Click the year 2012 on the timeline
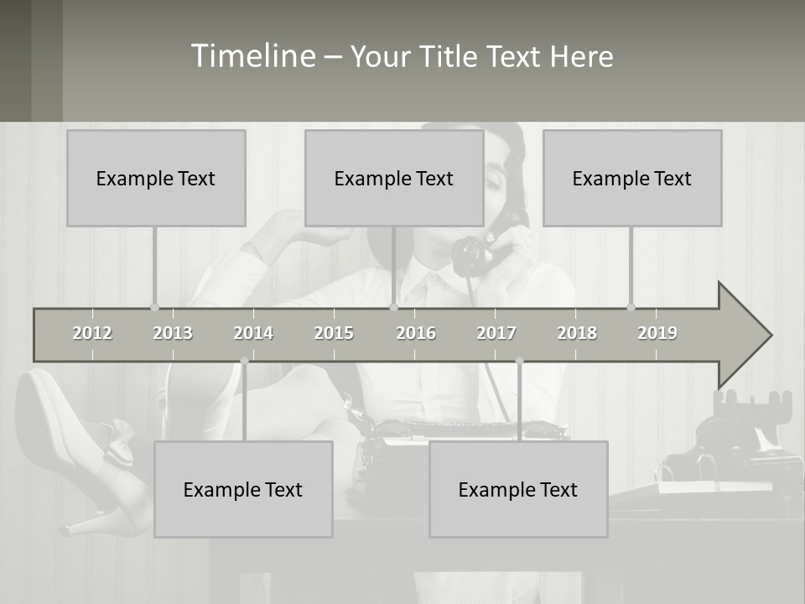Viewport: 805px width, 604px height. point(92,333)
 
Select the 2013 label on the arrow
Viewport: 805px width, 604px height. point(173,333)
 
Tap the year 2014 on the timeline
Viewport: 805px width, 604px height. point(253,333)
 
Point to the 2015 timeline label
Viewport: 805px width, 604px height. point(334,333)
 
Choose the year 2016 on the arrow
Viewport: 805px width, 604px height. point(416,333)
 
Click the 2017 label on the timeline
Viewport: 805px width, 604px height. point(496,333)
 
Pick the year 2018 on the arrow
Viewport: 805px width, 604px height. point(577,333)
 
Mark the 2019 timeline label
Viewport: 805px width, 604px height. point(657,333)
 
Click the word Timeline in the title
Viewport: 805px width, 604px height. point(252,56)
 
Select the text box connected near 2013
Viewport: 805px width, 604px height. point(156,178)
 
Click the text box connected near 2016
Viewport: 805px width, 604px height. point(394,178)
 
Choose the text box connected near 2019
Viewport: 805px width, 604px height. point(632,178)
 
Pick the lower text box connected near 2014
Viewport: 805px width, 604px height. point(243,489)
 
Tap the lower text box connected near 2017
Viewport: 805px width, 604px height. point(518,489)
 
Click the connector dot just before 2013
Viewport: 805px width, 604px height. point(154,307)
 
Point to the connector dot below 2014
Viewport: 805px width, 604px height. point(244,361)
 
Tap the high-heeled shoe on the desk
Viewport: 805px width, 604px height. point(84,453)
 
